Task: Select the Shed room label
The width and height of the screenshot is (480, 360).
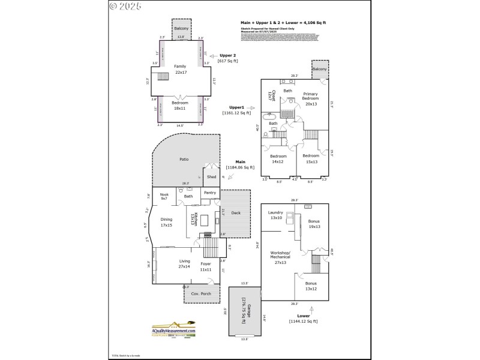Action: [211, 177]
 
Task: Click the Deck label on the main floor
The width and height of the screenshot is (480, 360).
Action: [236, 212]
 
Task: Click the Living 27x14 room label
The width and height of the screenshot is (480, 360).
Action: [184, 264]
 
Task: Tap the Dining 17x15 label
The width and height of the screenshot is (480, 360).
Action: [166, 222]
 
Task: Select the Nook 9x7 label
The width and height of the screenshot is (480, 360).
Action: [163, 196]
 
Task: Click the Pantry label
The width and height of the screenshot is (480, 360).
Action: [209, 193]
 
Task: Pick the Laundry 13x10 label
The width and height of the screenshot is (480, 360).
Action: [275, 214]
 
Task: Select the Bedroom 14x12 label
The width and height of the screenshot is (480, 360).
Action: [278, 158]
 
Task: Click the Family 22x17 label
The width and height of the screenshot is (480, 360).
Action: [180, 69]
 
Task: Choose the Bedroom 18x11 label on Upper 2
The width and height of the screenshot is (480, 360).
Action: [180, 106]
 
